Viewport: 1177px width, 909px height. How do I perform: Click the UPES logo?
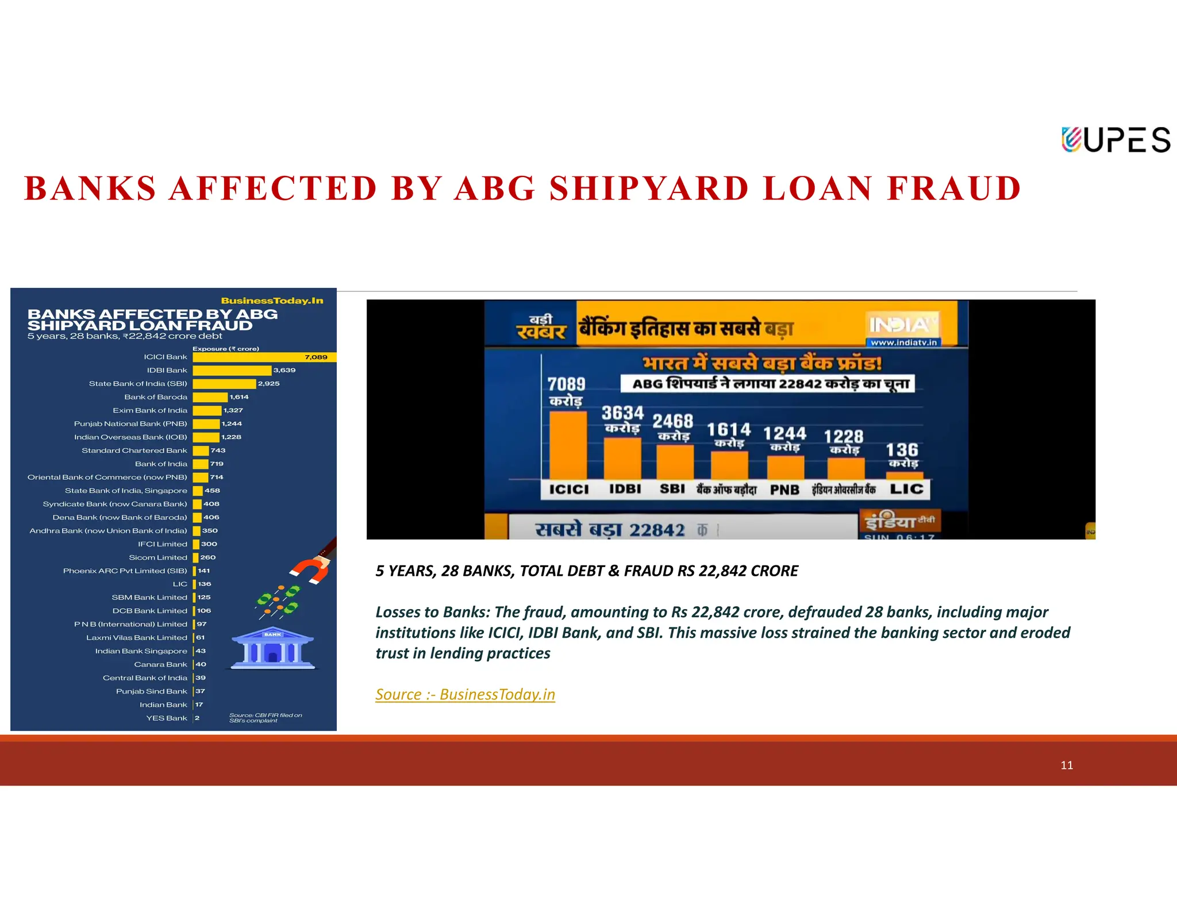pyautogui.click(x=1115, y=140)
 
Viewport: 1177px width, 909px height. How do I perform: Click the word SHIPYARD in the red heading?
pyautogui.click(x=649, y=188)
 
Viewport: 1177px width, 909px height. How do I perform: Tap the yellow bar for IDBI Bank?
pyautogui.click(x=232, y=371)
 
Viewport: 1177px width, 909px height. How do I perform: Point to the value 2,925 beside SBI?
pyautogui.click(x=268, y=384)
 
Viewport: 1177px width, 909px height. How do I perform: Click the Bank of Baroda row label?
pyautogui.click(x=156, y=397)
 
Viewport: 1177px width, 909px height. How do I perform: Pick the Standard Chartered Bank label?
pyautogui.click(x=134, y=450)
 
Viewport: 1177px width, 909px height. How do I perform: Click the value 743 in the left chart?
pyautogui.click(x=218, y=450)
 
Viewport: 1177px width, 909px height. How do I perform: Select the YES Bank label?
pyautogui.click(x=167, y=718)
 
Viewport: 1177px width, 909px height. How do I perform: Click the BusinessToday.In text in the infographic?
pyautogui.click(x=272, y=301)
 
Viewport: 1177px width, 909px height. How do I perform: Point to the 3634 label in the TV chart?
pyautogui.click(x=622, y=413)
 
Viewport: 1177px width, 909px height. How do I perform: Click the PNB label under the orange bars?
pyautogui.click(x=784, y=490)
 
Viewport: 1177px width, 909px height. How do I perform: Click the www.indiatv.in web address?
pyautogui.click(x=903, y=342)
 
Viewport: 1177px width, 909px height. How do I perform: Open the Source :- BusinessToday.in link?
pyautogui.click(x=465, y=695)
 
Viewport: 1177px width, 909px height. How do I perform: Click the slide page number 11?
pyautogui.click(x=1067, y=765)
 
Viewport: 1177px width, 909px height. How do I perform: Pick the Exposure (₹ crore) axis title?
pyautogui.click(x=225, y=349)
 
